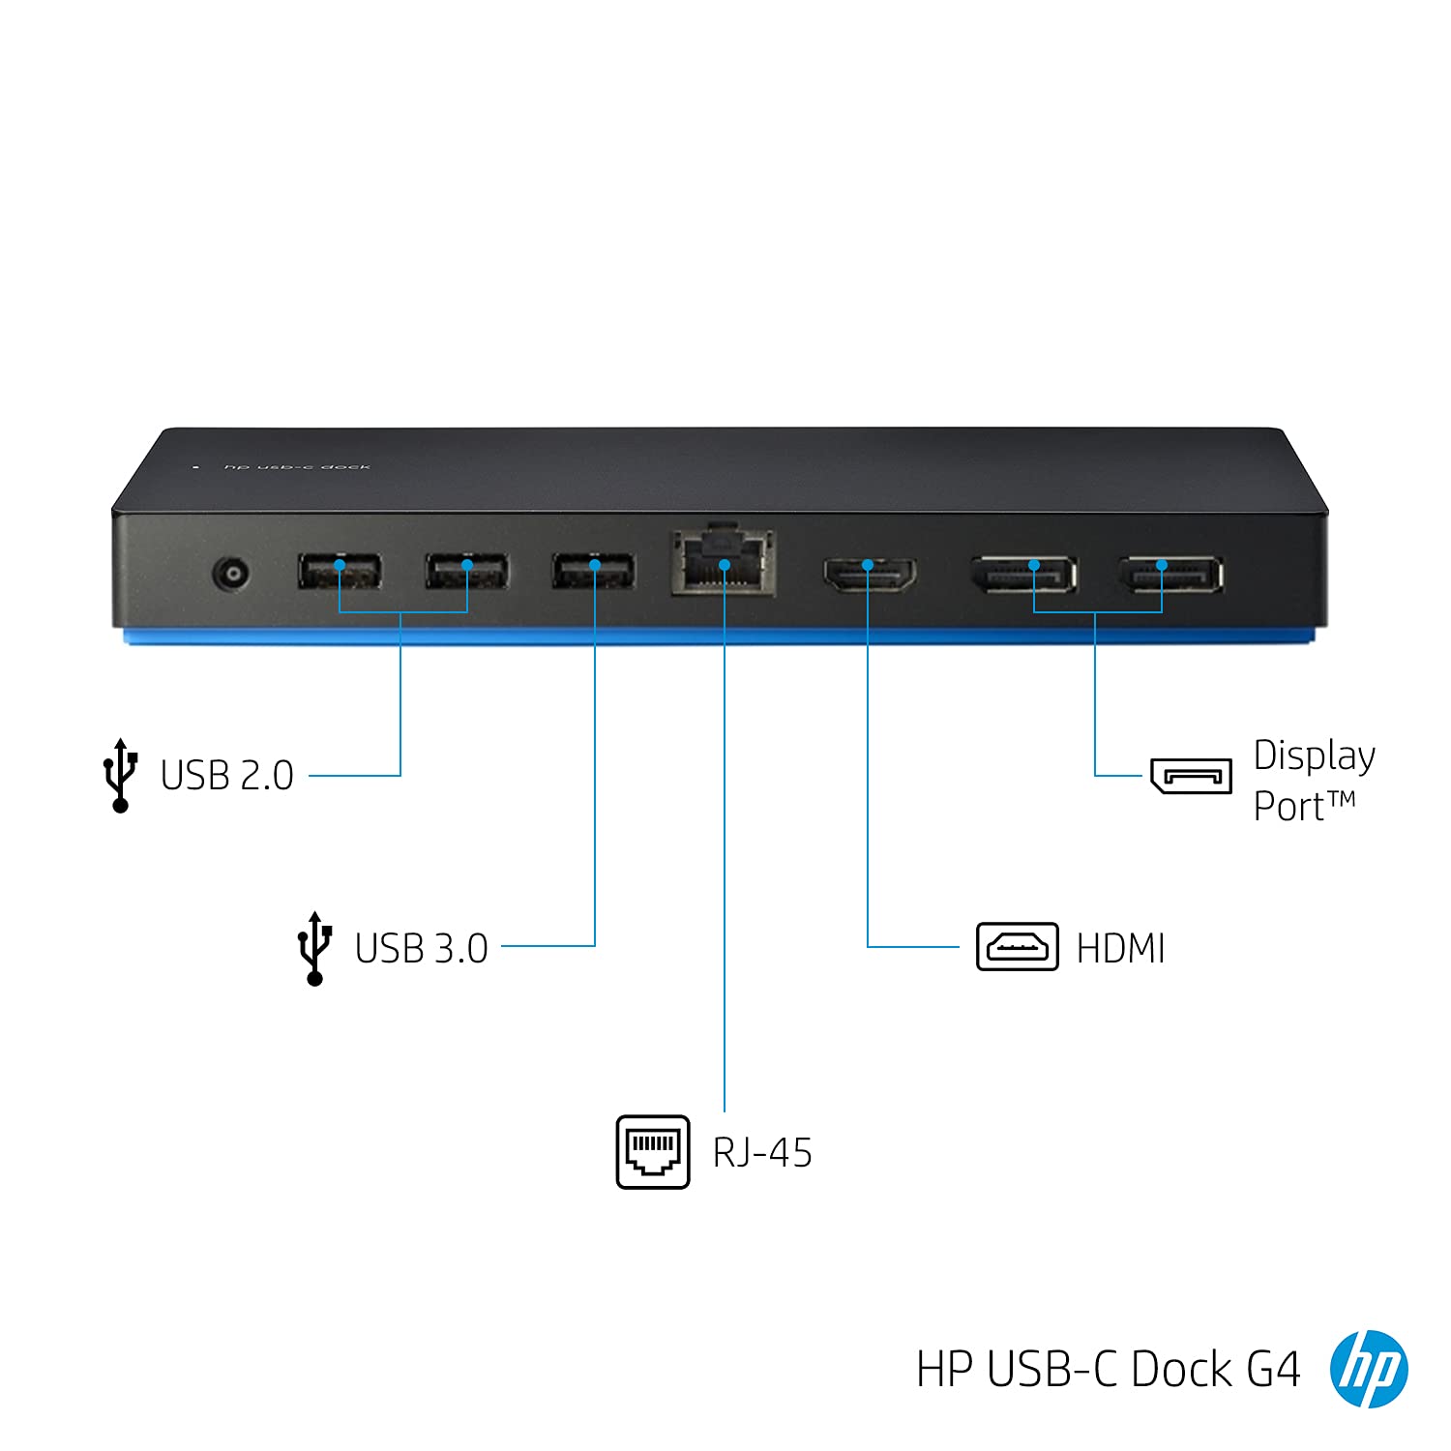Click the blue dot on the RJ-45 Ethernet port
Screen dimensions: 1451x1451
click(725, 564)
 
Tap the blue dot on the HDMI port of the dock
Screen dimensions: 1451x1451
click(868, 564)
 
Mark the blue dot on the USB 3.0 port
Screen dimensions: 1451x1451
click(595, 564)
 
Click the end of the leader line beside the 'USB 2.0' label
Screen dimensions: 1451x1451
click(310, 776)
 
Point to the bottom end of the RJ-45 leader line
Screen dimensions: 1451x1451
click(725, 1110)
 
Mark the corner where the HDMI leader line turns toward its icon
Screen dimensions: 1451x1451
click(868, 946)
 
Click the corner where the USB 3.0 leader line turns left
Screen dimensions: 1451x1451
click(595, 946)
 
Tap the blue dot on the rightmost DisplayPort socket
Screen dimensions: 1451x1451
click(1162, 564)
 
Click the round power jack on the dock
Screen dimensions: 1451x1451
click(231, 575)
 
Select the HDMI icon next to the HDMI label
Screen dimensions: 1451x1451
click(1017, 947)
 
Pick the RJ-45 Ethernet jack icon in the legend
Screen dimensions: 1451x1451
click(653, 1151)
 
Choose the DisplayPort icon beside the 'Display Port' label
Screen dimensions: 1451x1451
click(1191, 776)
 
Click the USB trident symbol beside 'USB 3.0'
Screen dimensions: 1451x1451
click(315, 948)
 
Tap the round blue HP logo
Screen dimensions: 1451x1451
click(1369, 1369)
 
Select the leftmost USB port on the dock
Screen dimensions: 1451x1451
click(340, 572)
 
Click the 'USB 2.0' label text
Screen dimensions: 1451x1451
click(227, 776)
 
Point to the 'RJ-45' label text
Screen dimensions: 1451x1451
click(762, 1153)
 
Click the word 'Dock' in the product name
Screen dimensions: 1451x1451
click(1182, 1370)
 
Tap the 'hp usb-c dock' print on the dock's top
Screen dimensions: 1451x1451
click(297, 467)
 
